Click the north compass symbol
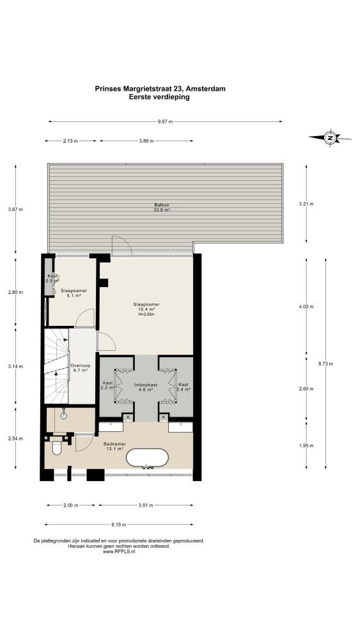pos(330,138)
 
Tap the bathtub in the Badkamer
pos(147,458)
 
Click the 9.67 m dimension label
pos(165,121)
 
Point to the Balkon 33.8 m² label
pos(162,207)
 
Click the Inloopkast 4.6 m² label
pos(144,387)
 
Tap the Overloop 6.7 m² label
pos(79,368)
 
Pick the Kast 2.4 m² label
pos(184,387)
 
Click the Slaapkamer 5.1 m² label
pos(74,293)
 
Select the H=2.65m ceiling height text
pos(146,314)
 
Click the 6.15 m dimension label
pos(118,525)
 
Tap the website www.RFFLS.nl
pos(119,551)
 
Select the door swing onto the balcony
pos(121,245)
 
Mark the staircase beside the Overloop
pos(57,366)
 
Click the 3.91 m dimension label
pos(146,505)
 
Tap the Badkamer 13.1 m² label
pos(114,446)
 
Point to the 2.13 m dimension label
pos(70,141)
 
